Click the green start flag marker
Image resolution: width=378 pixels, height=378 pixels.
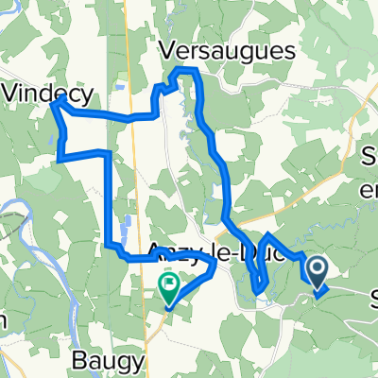click(171, 283)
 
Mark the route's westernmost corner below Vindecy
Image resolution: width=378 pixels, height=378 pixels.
click(51, 106)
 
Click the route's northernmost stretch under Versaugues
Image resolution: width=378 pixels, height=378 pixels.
click(186, 71)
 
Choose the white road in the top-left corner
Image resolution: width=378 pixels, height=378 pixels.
click(14, 68)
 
